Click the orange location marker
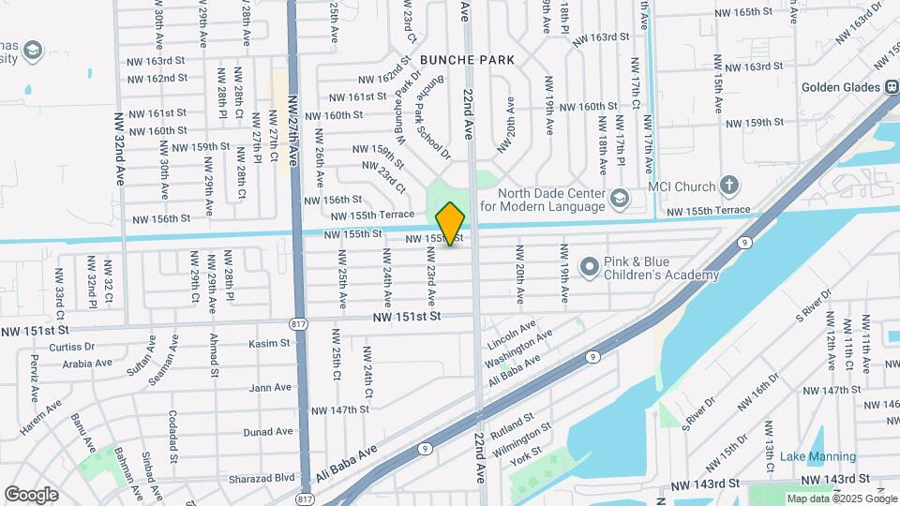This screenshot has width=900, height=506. click(451, 224)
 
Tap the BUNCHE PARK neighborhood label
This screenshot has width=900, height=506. click(467, 59)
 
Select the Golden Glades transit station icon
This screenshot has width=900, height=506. click(890, 87)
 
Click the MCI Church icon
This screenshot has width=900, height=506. click(730, 186)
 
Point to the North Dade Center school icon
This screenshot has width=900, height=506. click(619, 198)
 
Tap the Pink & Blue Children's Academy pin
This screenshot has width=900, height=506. click(589, 268)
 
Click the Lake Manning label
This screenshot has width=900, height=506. click(811, 456)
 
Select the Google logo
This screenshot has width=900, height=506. click(31, 494)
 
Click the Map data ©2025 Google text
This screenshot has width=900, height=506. click(841, 499)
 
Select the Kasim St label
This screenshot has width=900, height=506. click(270, 344)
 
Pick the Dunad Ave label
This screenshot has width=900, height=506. click(268, 432)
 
